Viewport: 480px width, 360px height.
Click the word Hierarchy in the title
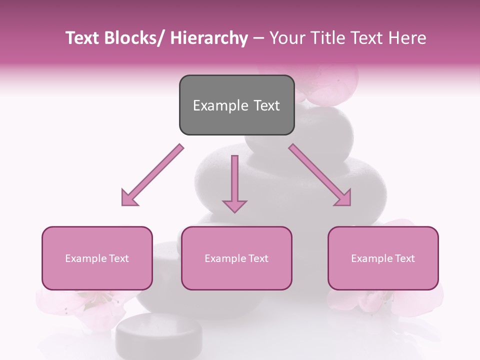click(x=209, y=38)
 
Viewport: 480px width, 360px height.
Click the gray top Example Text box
click(x=236, y=105)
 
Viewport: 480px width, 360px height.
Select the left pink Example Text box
click(x=97, y=258)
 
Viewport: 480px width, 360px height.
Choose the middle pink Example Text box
click(x=236, y=258)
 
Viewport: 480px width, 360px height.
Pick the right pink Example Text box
click(x=383, y=258)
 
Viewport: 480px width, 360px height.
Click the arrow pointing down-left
click(x=152, y=175)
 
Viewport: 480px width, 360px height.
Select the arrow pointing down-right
click(x=320, y=175)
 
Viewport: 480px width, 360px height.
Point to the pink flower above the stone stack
click(x=330, y=82)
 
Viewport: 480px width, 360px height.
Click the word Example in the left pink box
click(x=85, y=258)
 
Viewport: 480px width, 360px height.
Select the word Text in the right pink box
click(x=404, y=258)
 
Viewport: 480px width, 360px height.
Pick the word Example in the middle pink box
click(x=225, y=258)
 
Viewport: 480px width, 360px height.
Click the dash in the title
click(x=258, y=38)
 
